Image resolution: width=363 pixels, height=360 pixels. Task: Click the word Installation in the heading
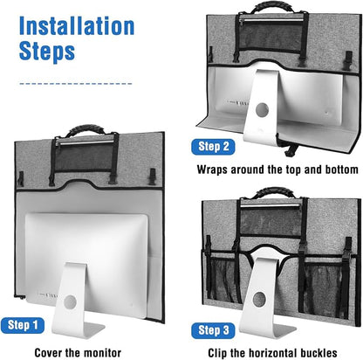77,26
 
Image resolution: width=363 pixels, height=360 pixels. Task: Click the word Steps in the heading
47,52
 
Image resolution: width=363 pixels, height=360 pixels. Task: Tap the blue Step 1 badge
23,325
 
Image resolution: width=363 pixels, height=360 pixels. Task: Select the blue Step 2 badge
213,147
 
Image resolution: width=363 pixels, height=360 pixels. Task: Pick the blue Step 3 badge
213,330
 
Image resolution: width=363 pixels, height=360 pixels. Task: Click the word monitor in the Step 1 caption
100,353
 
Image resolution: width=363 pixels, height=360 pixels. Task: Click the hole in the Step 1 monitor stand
70,302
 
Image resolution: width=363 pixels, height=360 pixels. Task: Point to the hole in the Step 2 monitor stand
262,109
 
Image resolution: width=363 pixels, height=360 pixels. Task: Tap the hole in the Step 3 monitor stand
259,300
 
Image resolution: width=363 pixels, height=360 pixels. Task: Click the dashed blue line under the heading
76,84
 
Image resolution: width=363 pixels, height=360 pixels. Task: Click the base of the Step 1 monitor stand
78,330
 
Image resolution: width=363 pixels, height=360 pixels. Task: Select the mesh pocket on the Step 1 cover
85,156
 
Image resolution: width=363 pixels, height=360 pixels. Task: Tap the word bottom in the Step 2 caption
341,170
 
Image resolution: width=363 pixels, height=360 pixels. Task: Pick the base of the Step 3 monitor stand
269,329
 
